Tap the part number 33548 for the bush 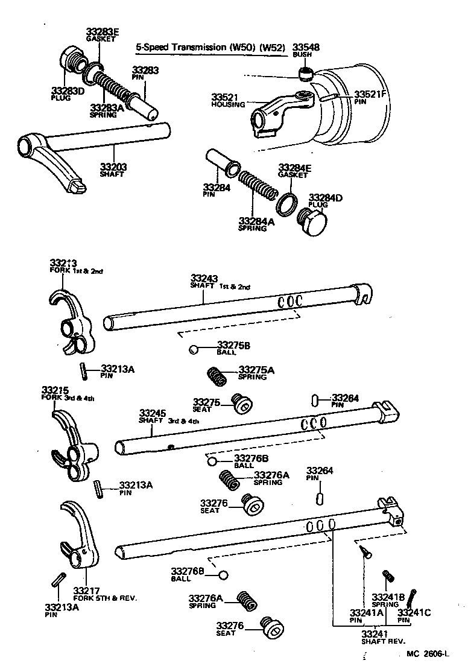tap(306, 47)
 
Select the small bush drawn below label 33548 tap(306, 74)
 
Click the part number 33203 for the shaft tap(112, 166)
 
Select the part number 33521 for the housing tap(223, 97)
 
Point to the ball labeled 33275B tap(193, 350)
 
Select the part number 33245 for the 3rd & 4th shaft tap(153, 413)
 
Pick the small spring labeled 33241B tap(388, 577)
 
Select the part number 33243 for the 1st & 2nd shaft tap(204, 278)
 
